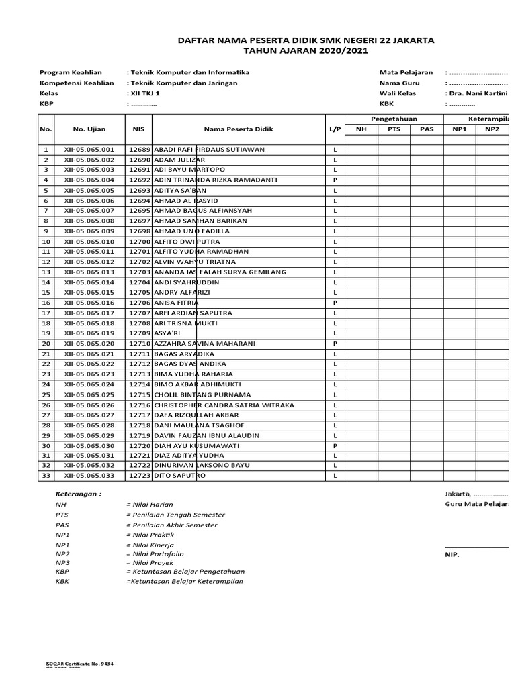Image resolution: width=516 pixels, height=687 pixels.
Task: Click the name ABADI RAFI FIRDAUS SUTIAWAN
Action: tap(209, 149)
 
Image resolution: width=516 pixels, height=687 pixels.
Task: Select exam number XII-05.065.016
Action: tap(89, 303)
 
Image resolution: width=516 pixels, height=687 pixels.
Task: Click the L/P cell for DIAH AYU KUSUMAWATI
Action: tap(334, 446)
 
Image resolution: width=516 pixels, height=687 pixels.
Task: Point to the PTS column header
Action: tap(394, 129)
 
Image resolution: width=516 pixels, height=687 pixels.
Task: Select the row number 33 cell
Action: tap(46, 476)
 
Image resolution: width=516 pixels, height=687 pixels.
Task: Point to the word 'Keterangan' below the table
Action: tap(79, 493)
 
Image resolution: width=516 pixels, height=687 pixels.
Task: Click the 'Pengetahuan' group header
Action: tap(394, 118)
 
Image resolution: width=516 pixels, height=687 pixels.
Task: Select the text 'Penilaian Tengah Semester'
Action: tap(175, 515)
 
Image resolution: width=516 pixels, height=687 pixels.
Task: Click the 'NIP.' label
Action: tap(451, 556)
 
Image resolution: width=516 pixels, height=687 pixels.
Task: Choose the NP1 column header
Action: tap(460, 129)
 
